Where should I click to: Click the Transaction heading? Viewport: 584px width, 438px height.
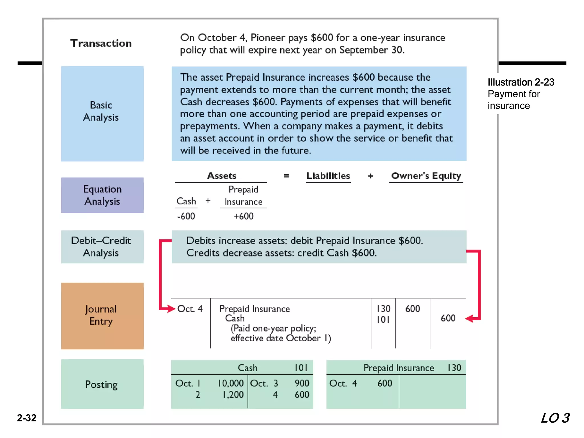(101, 43)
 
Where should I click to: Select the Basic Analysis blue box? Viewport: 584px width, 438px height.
(102, 113)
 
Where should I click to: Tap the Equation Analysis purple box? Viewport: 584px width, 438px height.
(102, 195)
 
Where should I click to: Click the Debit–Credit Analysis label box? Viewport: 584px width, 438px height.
(102, 247)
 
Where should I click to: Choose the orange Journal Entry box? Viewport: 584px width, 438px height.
(102, 316)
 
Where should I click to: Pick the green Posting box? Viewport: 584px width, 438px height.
(102, 384)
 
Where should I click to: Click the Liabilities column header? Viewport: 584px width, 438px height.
(328, 176)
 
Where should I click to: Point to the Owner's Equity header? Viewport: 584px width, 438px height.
(426, 176)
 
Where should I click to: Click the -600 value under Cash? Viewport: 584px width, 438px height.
(186, 216)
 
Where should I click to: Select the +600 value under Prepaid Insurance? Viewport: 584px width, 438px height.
(243, 216)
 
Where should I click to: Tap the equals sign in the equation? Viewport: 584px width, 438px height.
(286, 176)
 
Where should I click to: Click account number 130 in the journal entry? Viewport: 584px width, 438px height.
(383, 309)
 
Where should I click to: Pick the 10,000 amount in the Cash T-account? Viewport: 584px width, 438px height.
(231, 383)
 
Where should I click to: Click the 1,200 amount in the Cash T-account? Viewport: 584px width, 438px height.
(233, 395)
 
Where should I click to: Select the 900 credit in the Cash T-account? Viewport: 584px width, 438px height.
(302, 383)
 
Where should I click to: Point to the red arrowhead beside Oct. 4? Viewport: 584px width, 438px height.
(171, 309)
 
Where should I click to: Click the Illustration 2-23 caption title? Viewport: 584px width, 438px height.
(521, 82)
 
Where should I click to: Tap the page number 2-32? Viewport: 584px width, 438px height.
(27, 418)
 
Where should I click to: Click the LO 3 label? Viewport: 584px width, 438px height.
(555, 418)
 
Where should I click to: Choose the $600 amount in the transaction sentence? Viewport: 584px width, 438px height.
(322, 38)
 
